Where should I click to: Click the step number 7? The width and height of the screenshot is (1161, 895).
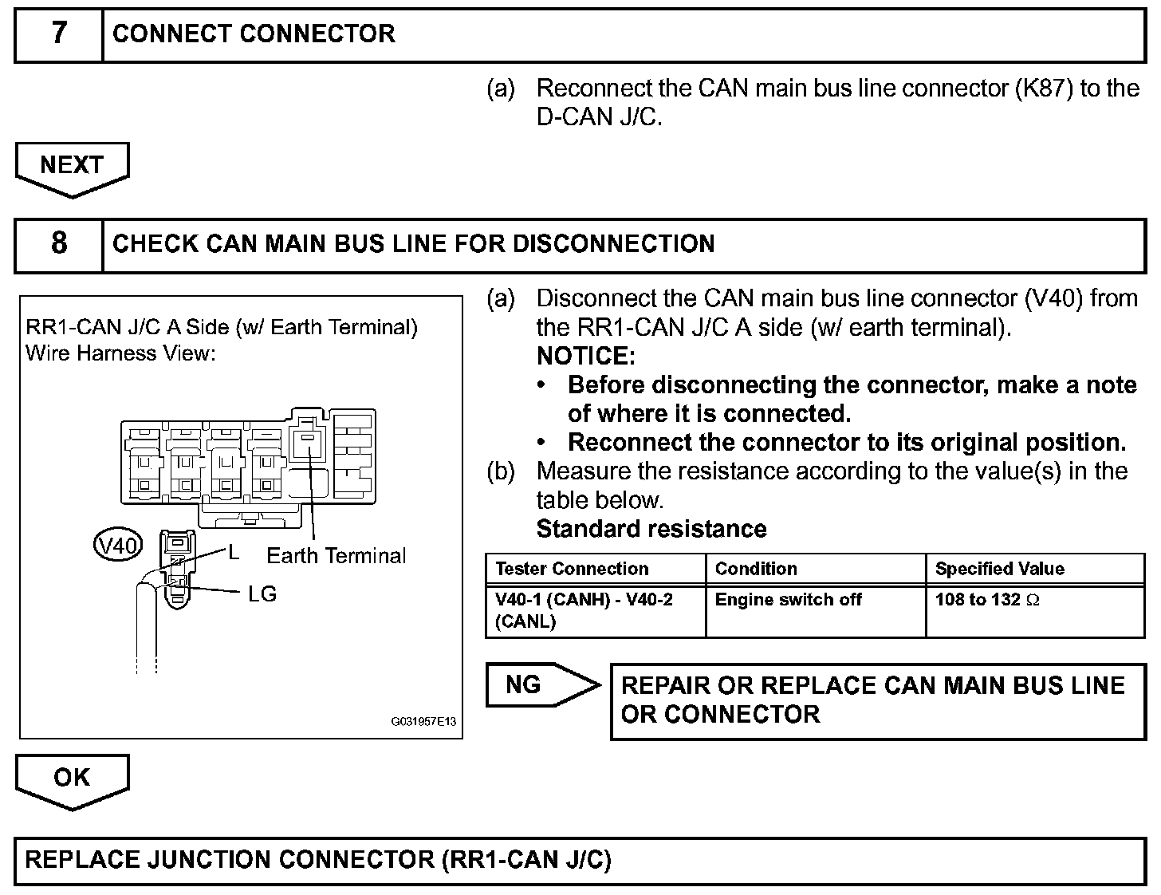[59, 34]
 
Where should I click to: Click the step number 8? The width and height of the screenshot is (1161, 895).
[59, 243]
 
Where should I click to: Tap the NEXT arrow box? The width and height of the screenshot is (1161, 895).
[72, 165]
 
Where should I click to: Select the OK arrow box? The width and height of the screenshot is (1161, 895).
[72, 778]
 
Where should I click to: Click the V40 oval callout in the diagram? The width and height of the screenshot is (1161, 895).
[117, 546]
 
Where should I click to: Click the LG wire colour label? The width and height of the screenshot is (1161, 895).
[262, 594]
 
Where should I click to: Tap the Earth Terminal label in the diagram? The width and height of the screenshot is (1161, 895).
[336, 556]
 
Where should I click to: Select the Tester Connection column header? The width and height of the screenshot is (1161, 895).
[572, 569]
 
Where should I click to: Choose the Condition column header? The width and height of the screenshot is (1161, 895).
[756, 569]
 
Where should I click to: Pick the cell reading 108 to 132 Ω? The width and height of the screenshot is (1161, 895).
[987, 600]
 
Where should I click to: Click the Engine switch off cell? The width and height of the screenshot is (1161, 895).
[788, 600]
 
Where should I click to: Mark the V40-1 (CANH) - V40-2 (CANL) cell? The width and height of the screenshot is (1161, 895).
[584, 610]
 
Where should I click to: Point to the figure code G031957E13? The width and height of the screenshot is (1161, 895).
[423, 722]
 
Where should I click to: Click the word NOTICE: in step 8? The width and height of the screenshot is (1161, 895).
[586, 356]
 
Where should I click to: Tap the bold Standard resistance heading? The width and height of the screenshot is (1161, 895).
[651, 529]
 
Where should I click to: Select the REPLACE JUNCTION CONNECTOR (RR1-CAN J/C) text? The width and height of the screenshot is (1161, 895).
[318, 860]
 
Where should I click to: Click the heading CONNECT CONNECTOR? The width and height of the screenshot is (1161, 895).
[254, 34]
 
